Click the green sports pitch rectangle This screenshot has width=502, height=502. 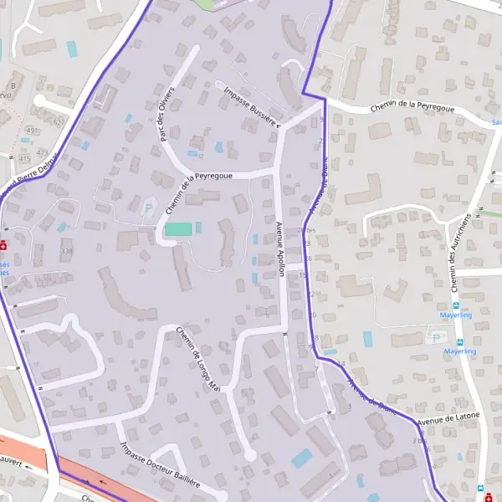point(177,228)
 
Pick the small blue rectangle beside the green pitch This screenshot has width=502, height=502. point(199,228)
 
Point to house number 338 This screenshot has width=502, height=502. point(67,251)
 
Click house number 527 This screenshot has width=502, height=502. point(58,122)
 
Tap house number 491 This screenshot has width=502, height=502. point(33,131)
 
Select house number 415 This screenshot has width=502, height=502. point(23,158)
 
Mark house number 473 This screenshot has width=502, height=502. point(43,153)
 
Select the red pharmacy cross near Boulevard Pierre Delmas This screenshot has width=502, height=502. point(4,245)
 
